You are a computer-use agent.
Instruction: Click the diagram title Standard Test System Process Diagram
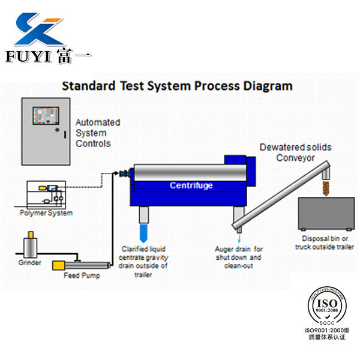[x=178, y=85]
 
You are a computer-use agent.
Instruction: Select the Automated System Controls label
[x=97, y=133]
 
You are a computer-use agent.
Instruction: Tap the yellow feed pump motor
[x=61, y=265]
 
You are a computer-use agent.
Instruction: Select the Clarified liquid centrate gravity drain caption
[x=145, y=261]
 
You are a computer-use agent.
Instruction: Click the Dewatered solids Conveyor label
[x=295, y=152]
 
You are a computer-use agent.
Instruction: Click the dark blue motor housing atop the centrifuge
[x=239, y=164]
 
